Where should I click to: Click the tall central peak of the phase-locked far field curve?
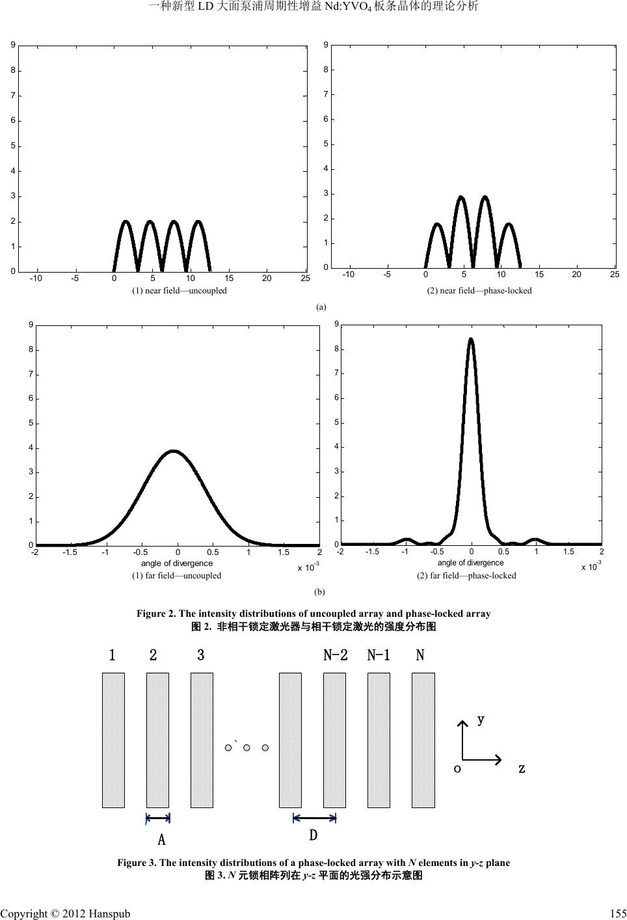471,340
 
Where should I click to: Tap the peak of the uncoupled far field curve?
173,451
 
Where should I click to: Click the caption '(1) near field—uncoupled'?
180,290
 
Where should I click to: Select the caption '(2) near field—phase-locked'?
479,290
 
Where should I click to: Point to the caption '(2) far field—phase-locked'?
466,575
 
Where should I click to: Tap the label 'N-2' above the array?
336,655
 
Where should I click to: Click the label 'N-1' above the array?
379,655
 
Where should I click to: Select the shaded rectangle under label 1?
113,740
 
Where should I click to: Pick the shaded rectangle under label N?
423,740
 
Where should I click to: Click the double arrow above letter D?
315,818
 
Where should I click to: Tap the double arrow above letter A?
158,819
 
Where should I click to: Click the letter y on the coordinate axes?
481,720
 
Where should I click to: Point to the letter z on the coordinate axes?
522,768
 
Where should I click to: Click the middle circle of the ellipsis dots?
247,748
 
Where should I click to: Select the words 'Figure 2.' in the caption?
154,614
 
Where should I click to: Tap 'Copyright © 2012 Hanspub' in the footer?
65,913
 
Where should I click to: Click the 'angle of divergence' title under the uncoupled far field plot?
177,563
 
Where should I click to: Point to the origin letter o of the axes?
458,768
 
